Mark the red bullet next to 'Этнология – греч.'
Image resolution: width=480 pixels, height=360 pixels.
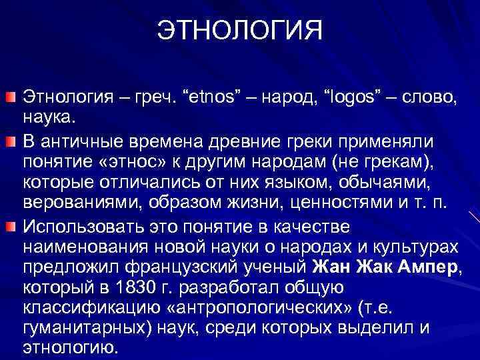pos(12,99)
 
